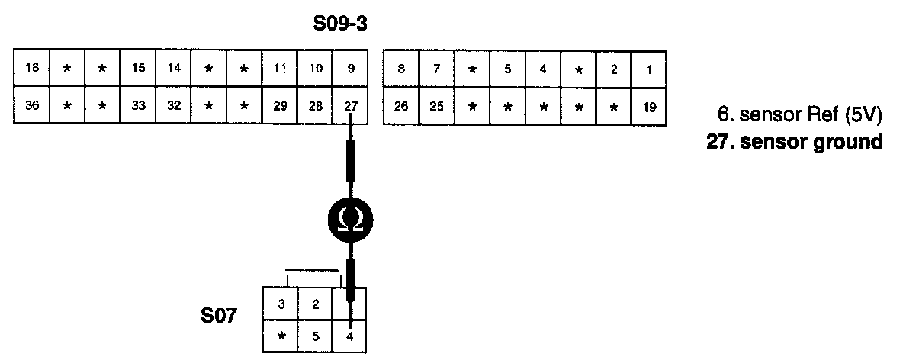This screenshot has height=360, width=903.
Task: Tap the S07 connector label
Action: tap(220, 315)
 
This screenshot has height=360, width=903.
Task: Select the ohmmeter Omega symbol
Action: tap(350, 221)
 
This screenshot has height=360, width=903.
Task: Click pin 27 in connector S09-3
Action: tap(350, 106)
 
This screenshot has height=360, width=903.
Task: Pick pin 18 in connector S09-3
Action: tap(32, 68)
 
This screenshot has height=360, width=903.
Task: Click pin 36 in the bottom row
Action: tap(32, 106)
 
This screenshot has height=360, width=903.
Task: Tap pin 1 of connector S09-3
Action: tap(648, 69)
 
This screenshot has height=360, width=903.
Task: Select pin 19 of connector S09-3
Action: tap(648, 108)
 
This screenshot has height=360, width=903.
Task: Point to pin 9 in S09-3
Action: tap(350, 68)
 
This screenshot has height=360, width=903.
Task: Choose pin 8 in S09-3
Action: tap(401, 69)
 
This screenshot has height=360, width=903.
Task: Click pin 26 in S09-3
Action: tap(401, 108)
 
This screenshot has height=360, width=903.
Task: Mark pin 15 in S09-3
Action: tap(138, 68)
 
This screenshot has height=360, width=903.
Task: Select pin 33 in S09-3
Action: tap(138, 106)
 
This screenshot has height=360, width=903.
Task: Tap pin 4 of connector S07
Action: tap(350, 336)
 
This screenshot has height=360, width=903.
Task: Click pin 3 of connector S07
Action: tap(281, 305)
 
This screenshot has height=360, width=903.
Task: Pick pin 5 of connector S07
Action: tap(315, 336)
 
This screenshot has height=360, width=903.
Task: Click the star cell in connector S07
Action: tap(281, 336)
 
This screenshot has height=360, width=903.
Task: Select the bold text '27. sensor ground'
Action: tap(795, 142)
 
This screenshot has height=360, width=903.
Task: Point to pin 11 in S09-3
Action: tap(280, 68)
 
